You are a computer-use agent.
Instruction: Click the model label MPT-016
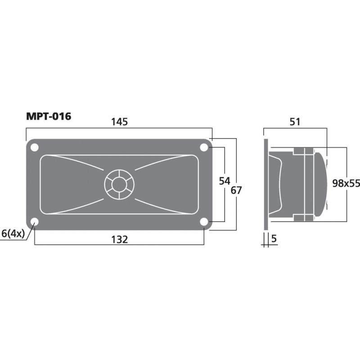click(x=49, y=117)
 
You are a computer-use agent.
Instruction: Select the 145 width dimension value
click(x=119, y=121)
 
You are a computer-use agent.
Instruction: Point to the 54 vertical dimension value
click(x=224, y=181)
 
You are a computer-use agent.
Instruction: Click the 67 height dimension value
click(x=236, y=190)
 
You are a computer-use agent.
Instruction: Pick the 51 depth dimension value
click(x=295, y=121)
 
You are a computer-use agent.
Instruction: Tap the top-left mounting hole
click(x=34, y=147)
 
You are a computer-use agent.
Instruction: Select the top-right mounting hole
click(x=203, y=147)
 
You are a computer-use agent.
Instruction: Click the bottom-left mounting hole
click(x=34, y=221)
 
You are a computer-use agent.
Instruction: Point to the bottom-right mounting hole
click(x=203, y=221)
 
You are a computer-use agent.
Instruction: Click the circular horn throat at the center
click(x=119, y=184)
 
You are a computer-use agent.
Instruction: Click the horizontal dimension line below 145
click(x=119, y=128)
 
